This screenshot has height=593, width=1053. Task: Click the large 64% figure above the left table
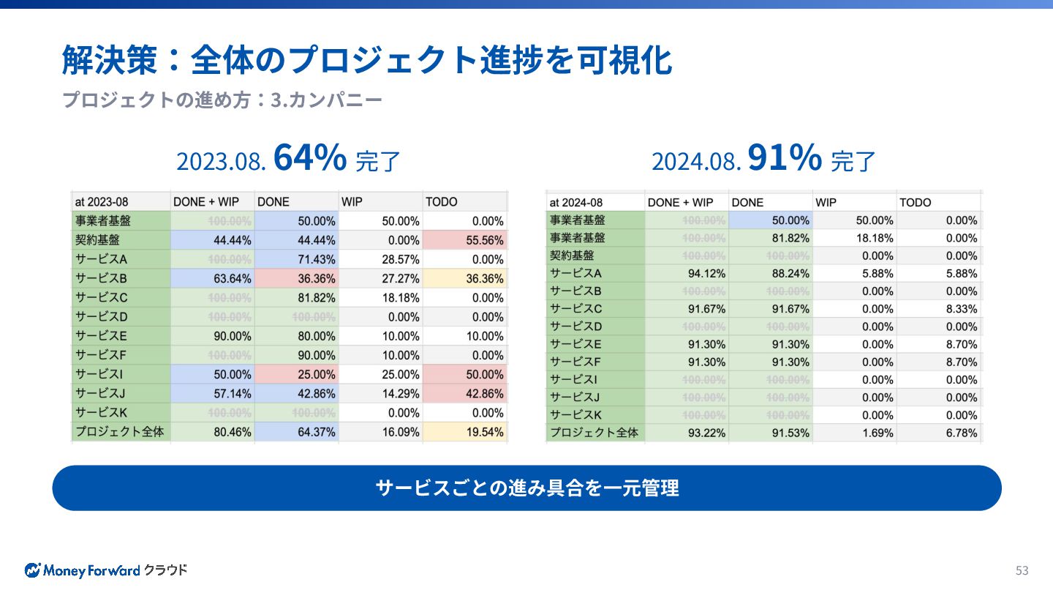(309, 158)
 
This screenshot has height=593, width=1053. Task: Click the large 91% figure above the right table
(785, 158)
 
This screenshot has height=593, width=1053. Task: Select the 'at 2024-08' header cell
(576, 202)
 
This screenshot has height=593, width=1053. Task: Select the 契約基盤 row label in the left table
(98, 240)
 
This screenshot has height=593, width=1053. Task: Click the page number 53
(1022, 570)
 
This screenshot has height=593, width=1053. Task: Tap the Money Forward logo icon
(32, 570)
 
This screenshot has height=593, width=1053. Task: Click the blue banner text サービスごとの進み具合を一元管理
(526, 488)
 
